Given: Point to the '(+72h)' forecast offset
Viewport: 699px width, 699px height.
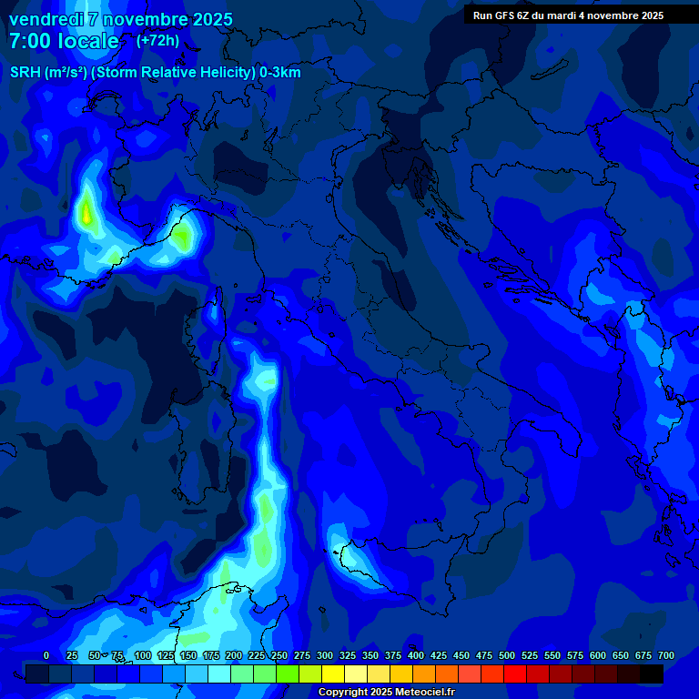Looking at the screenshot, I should tap(157, 41).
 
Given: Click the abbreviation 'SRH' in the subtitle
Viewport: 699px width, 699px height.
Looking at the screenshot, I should tap(26, 72).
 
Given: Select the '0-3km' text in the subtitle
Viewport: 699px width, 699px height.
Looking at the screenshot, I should tap(279, 72).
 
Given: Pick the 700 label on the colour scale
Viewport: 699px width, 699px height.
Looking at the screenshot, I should tap(665, 655).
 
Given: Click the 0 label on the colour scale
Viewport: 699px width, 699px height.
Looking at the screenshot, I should tap(46, 655).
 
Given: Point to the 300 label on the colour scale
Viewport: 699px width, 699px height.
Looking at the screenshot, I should tap(325, 655).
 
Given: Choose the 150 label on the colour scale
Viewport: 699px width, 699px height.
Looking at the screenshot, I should tap(188, 655).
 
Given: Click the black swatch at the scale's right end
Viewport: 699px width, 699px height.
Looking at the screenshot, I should tap(652, 674).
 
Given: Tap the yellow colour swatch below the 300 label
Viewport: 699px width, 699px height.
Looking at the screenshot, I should tap(333, 674).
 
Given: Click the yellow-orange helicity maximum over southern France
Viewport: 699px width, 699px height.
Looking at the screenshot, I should tap(86, 215).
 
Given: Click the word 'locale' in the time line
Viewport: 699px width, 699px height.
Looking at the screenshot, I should tap(91, 41).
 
